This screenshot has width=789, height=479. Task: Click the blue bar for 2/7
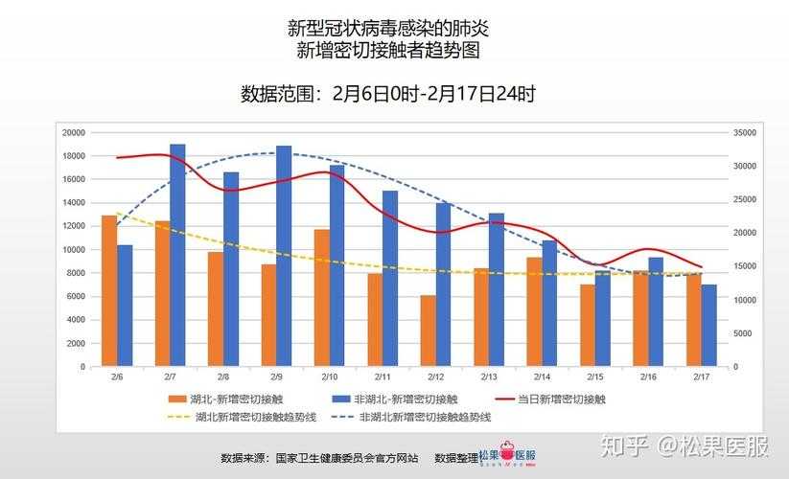pos(177,256)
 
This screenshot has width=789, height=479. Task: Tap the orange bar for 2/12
pos(428,331)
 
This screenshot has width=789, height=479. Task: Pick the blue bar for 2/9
pos(284,257)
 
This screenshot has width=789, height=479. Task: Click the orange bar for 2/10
pos(322,298)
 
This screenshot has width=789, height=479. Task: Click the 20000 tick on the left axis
pos(73,132)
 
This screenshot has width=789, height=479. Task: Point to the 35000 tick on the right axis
pos(745,132)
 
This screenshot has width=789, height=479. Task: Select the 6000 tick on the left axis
pos(76,296)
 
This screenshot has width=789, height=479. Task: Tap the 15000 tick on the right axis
pos(745,266)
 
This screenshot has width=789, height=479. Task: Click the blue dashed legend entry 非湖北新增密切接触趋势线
pos(412,417)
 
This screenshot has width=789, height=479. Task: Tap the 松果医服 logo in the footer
pos(507,458)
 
